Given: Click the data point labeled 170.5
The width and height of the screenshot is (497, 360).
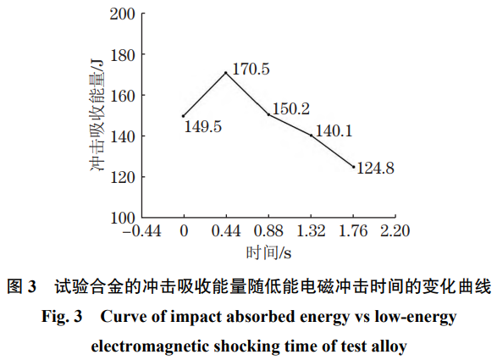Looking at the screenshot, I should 226,73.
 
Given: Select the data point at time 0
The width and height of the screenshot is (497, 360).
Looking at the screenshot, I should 183,116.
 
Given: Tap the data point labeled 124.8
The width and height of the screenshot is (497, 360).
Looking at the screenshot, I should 354,167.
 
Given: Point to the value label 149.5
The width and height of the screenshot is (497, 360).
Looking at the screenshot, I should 202,127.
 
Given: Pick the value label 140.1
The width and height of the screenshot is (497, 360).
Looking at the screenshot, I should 333,131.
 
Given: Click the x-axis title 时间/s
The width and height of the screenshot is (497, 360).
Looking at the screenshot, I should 268,252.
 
